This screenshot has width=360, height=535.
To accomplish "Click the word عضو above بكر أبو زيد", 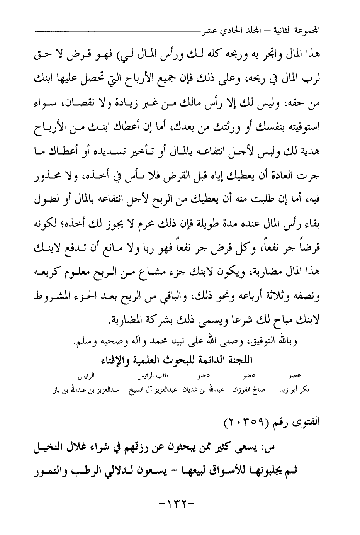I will [295, 375].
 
